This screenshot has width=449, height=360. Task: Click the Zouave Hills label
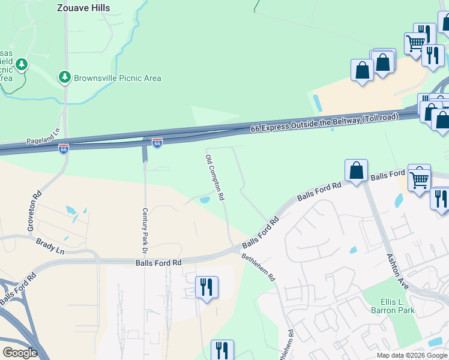[x=83, y=8]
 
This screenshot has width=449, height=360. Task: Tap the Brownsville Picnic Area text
[x=117, y=78]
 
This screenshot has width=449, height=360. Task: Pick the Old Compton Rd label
[x=214, y=177]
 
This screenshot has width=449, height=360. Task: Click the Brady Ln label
[x=50, y=247]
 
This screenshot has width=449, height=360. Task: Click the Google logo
[x=20, y=353]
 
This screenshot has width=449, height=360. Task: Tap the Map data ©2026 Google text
[x=412, y=355]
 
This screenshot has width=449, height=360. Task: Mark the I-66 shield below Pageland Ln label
[x=63, y=148]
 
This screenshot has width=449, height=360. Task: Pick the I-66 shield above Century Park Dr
[x=157, y=143]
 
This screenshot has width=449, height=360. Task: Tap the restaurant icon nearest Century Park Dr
[x=206, y=287]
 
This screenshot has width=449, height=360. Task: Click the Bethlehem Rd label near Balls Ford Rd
[x=259, y=268]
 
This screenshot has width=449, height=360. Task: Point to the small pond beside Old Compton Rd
[x=204, y=200]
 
